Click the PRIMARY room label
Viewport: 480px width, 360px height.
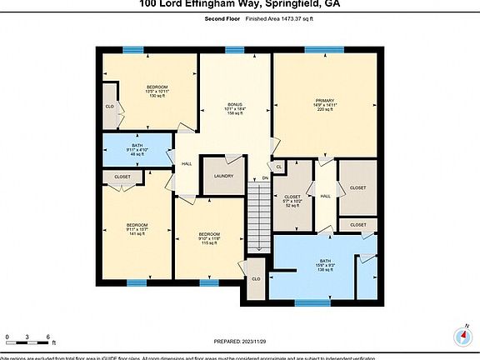pyautogui.click(x=325, y=101)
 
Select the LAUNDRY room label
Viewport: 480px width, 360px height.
pyautogui.click(x=222, y=176)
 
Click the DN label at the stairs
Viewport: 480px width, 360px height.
pyautogui.click(x=265, y=178)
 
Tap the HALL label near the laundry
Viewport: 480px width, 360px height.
pyautogui.click(x=187, y=163)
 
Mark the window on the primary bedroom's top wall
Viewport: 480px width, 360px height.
pyautogui.click(x=317, y=49)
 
